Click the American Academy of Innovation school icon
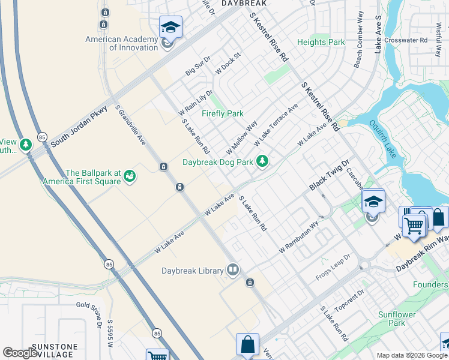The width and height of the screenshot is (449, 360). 170,27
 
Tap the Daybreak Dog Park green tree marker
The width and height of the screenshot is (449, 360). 262,161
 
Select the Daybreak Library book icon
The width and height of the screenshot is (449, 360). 232,270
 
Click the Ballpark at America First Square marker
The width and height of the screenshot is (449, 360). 130,176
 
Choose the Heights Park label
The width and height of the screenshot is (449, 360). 321,43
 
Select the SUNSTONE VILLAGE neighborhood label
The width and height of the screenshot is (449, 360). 55,350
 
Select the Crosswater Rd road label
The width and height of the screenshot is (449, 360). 406,40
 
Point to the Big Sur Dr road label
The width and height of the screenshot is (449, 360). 198,66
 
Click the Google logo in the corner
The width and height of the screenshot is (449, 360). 20,353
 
